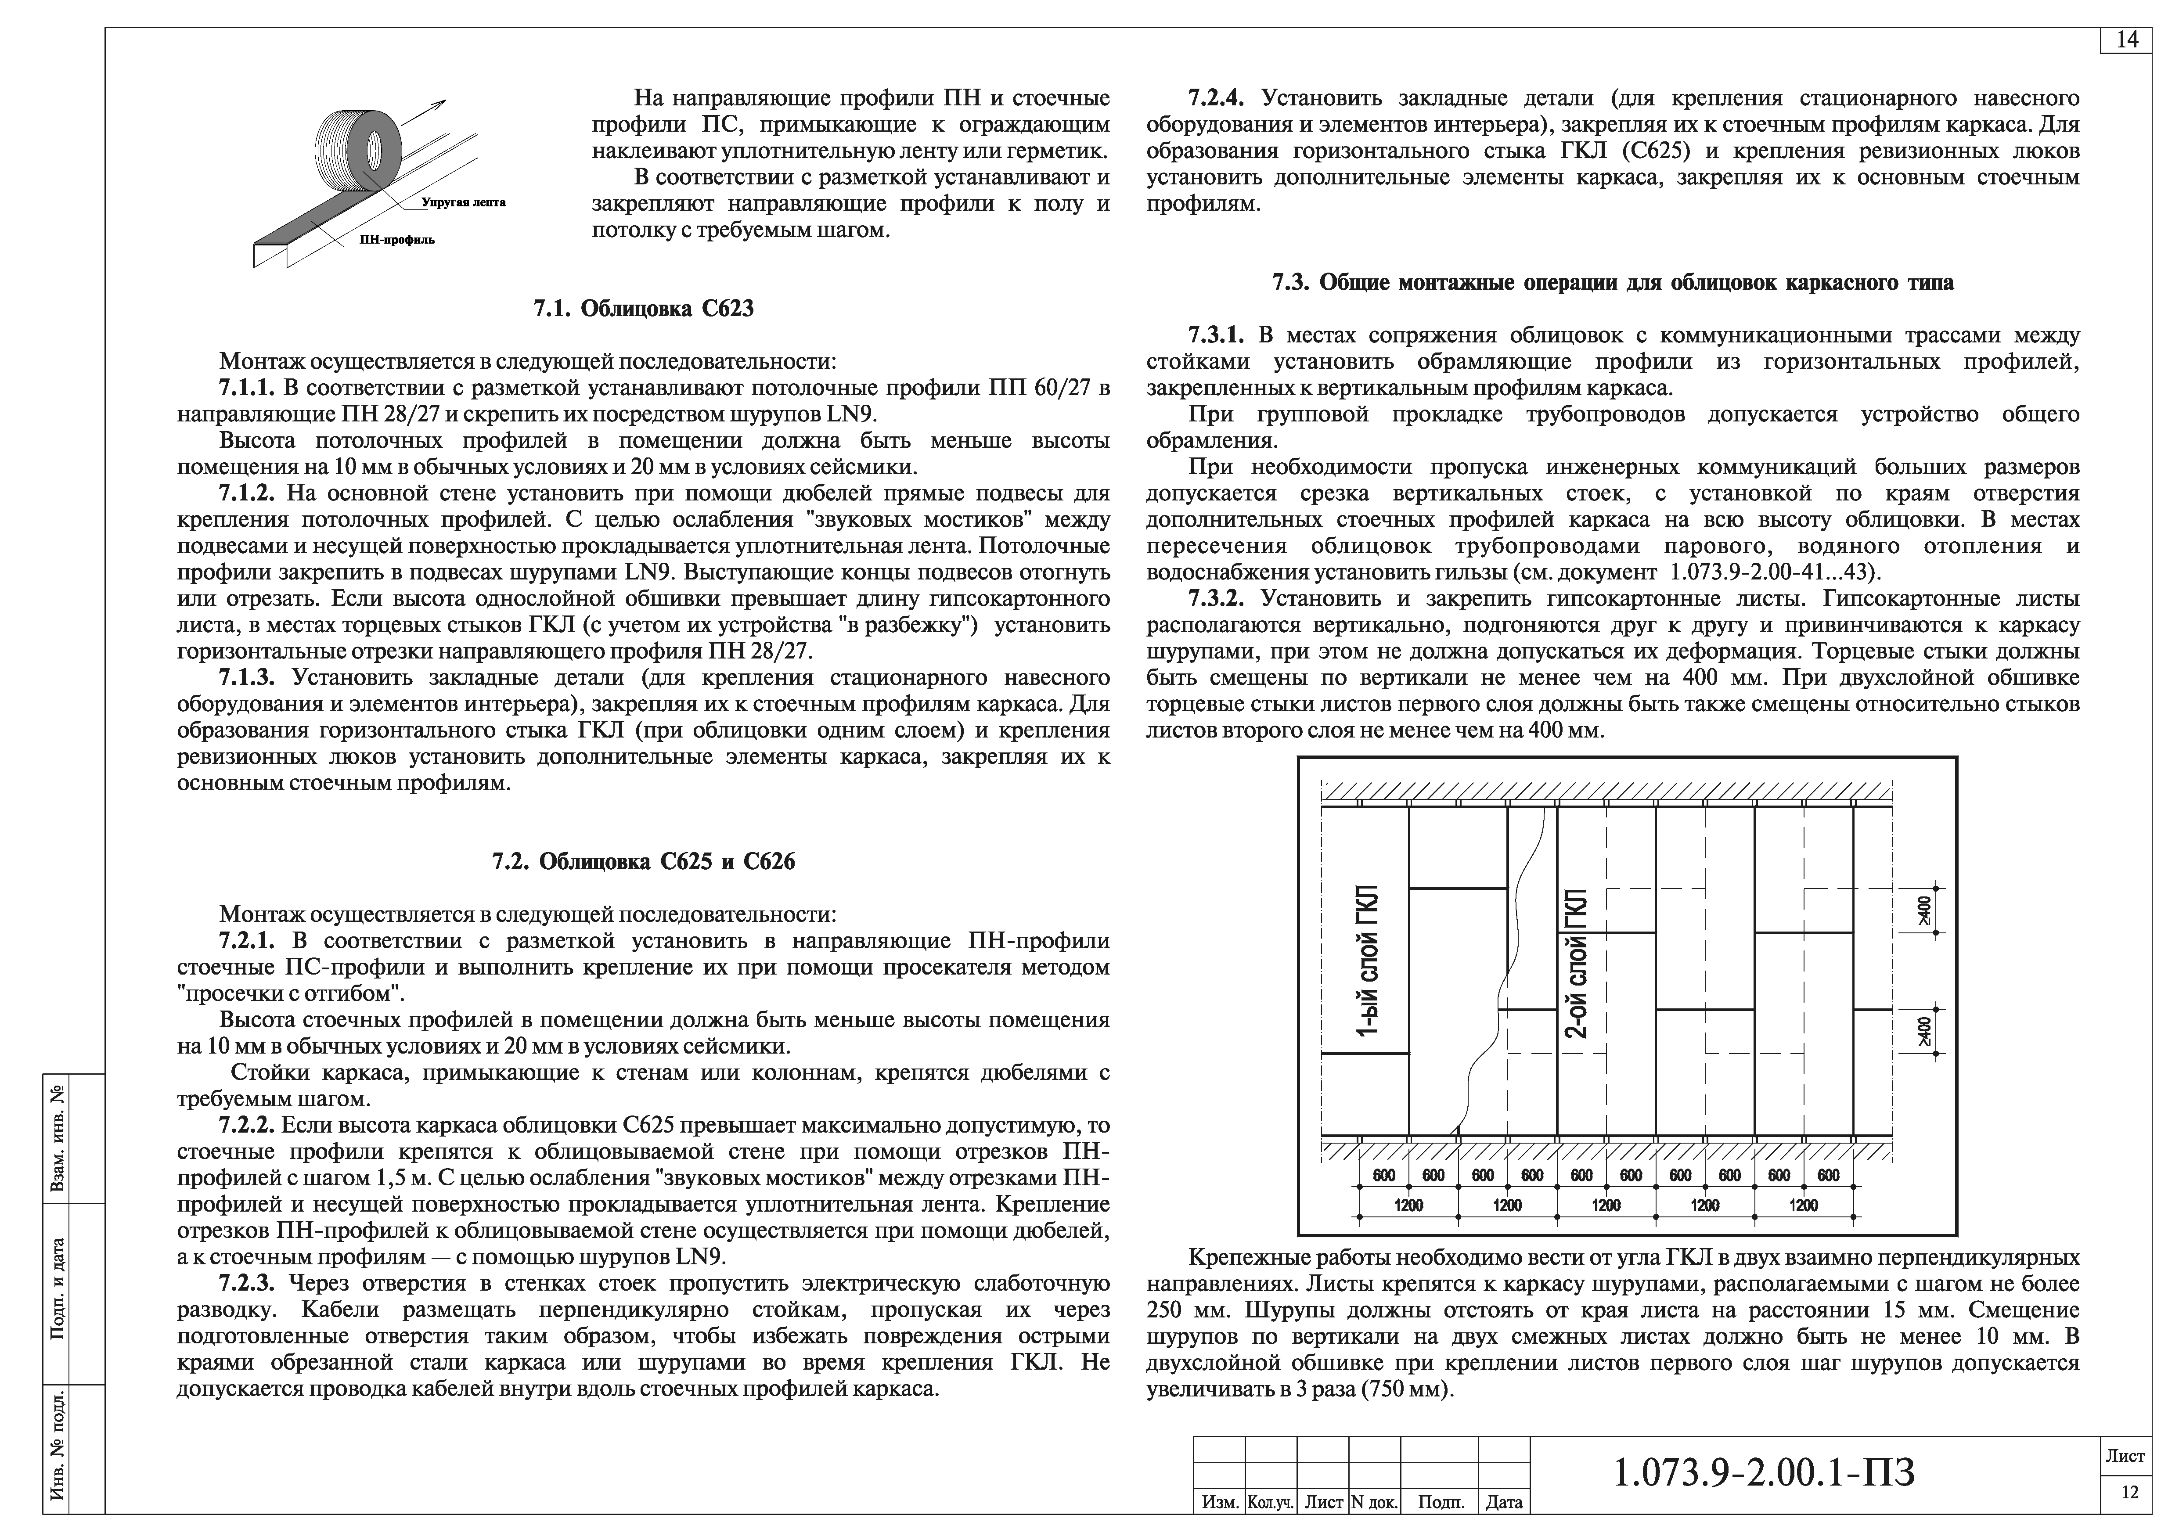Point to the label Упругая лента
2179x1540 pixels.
pos(463,202)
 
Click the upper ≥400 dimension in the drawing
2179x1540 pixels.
pos(1923,910)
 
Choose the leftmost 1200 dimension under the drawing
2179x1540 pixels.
pos(1408,1205)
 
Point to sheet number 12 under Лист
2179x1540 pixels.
pos(2130,1492)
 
